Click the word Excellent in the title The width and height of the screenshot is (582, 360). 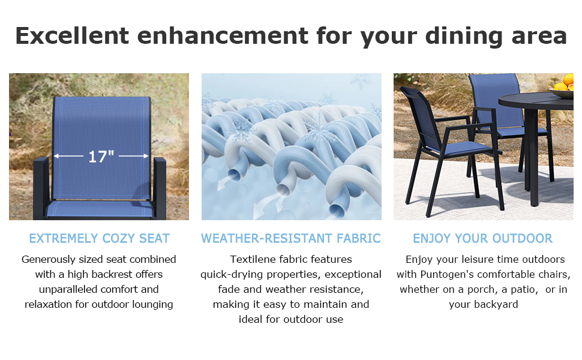[x=72, y=36]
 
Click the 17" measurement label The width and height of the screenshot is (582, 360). [x=101, y=157]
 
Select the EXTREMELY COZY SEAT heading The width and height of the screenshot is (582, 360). [x=99, y=238]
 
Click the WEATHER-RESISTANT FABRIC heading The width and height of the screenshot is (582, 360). [x=291, y=238]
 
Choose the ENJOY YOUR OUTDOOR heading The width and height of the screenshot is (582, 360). [x=482, y=238]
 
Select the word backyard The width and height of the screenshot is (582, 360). [x=484, y=304]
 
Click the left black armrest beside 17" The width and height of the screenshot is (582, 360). [x=41, y=186]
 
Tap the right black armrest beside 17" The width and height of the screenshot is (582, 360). [x=160, y=186]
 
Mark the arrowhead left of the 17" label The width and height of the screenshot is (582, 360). [x=56, y=157]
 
